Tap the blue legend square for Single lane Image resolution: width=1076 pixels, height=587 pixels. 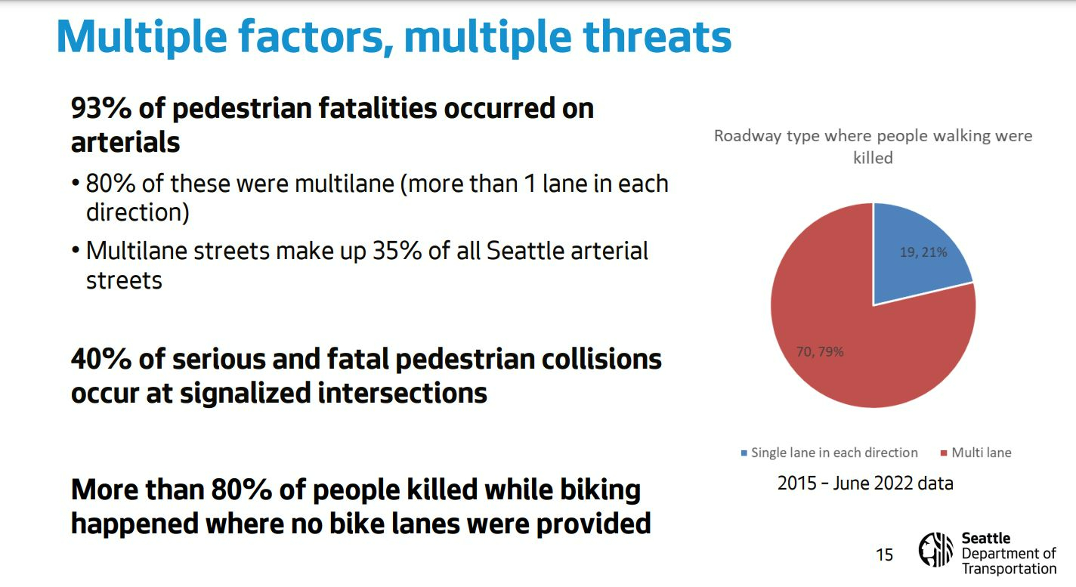pos(744,453)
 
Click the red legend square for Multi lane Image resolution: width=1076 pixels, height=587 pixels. pos(944,453)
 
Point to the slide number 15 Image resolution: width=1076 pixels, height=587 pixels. pos(884,555)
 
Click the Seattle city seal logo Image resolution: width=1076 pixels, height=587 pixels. pos(935,549)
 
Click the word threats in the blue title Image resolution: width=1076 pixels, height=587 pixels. pos(657,36)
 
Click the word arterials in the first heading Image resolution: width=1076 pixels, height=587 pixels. pos(125,142)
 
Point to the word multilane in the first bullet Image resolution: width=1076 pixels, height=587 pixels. pos(345,184)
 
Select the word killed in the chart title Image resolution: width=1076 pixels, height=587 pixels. pos(873,158)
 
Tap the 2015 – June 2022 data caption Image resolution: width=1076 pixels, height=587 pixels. pos(865,484)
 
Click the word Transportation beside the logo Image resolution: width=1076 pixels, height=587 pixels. pos(1010,569)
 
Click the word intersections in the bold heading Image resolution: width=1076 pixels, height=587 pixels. pos(402,393)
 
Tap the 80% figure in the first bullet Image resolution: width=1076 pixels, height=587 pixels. pos(110,184)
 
